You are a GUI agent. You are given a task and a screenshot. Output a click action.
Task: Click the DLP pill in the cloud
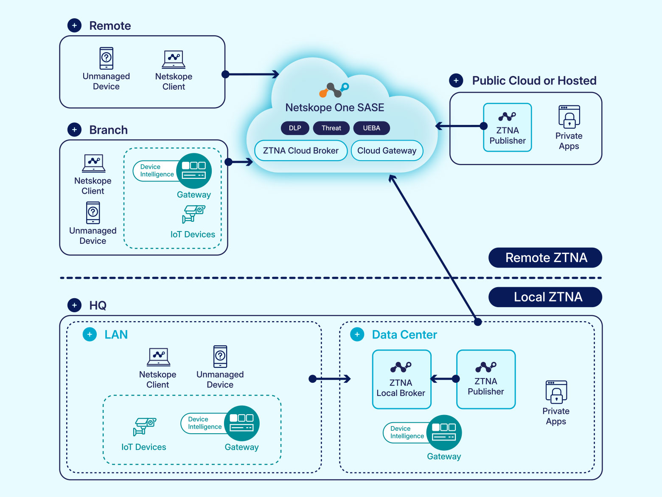[295, 128]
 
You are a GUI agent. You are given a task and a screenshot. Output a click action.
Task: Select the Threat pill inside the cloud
[331, 128]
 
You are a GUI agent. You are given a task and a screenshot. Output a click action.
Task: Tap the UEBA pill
[371, 128]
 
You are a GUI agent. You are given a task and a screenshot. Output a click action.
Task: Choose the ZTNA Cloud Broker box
[301, 150]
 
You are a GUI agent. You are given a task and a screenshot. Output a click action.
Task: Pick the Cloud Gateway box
[387, 150]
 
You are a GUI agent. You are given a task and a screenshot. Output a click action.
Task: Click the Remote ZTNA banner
[545, 258]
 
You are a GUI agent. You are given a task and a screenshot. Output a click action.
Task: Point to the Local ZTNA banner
[545, 297]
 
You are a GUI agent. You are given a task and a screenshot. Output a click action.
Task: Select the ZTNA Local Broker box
[401, 379]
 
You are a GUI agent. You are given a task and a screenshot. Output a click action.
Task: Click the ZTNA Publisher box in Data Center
[486, 379]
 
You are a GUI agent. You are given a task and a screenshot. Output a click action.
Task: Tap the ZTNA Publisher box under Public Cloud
[508, 127]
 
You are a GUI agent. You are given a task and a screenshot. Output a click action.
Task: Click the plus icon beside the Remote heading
[75, 25]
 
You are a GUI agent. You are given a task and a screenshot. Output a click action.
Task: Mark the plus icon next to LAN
[90, 335]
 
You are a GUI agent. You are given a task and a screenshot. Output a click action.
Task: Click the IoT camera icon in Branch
[194, 214]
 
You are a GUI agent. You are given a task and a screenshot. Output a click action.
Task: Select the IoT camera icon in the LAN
[145, 426]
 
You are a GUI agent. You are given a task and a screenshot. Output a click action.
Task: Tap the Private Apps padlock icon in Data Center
[556, 392]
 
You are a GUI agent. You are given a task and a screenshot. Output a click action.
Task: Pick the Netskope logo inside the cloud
[334, 90]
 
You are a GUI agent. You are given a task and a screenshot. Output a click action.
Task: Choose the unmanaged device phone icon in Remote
[107, 58]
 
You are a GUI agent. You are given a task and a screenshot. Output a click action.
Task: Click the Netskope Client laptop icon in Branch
[94, 163]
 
